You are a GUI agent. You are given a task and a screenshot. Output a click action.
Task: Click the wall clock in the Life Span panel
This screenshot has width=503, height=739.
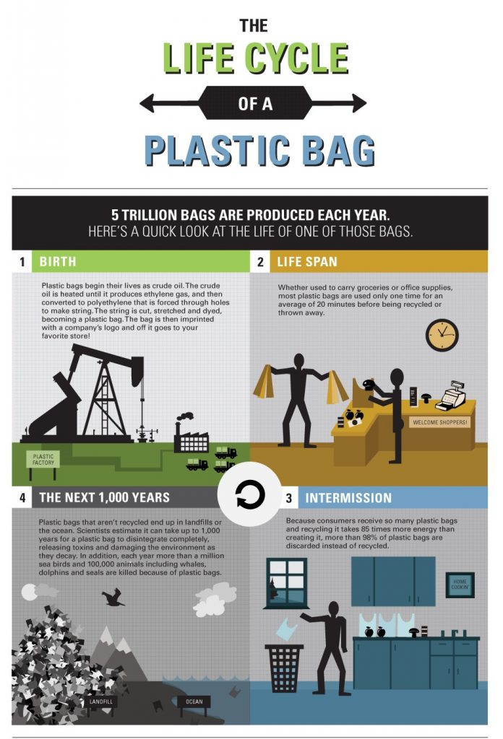click(442, 335)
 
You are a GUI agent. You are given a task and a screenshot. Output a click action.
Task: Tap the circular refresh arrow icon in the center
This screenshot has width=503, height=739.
click(251, 496)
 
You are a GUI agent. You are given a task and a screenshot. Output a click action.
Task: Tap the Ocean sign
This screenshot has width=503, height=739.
click(194, 701)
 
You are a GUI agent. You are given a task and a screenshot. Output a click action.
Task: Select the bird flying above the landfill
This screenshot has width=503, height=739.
click(113, 596)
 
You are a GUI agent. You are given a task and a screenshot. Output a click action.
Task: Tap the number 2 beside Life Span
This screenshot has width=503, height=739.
click(260, 261)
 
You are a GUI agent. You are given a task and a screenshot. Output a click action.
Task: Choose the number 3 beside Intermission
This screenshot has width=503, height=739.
click(288, 498)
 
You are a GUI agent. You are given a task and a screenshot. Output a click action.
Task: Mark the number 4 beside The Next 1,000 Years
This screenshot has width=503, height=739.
click(23, 498)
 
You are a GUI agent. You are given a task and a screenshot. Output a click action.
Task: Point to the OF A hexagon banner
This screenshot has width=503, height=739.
click(254, 103)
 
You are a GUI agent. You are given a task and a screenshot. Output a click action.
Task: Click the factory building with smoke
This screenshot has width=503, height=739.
click(191, 439)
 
